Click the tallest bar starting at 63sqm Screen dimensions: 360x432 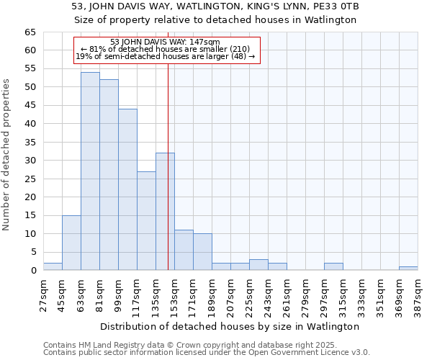[x=90, y=171]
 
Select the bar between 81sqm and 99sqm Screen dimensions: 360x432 [x=109, y=175]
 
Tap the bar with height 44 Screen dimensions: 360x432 [x=127, y=189]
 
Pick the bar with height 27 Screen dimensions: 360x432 [x=146, y=220]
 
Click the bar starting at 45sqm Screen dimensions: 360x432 [x=71, y=243]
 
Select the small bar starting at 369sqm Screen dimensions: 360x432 [x=408, y=269]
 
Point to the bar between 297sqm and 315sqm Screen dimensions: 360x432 [x=333, y=266]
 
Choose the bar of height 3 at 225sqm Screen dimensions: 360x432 [x=258, y=265]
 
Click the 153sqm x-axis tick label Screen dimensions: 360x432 [x=174, y=295]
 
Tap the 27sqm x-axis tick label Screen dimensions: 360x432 [x=43, y=295]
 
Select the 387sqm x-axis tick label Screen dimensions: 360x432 [x=418, y=295]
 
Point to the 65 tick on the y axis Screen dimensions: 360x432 [x=30, y=32]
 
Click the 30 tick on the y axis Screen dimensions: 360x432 [x=30, y=161]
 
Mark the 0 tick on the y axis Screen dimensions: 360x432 [x=32, y=271]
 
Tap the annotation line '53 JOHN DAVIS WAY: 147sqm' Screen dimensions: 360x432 [x=166, y=42]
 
